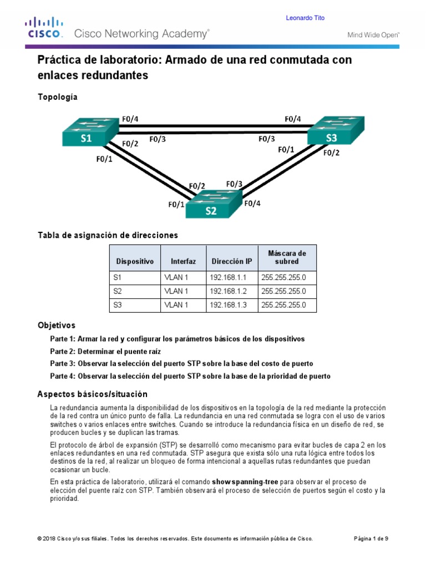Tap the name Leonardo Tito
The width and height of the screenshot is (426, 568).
(x=305, y=18)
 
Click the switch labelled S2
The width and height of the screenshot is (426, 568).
(x=212, y=206)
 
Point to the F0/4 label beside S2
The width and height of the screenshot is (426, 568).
(x=252, y=203)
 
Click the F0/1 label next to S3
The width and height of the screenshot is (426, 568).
(x=286, y=150)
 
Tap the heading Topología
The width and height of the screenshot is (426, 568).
(x=58, y=97)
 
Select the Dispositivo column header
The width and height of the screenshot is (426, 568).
(x=135, y=261)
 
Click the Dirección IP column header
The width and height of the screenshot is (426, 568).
(x=232, y=261)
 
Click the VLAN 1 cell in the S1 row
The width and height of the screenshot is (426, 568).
(x=176, y=277)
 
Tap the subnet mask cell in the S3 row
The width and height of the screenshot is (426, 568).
(x=283, y=305)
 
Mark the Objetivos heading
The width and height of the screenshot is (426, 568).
(x=56, y=325)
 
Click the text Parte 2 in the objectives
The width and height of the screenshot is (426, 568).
(x=62, y=351)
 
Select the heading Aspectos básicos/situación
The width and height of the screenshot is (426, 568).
(x=93, y=394)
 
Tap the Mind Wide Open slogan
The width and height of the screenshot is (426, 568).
(x=373, y=35)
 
